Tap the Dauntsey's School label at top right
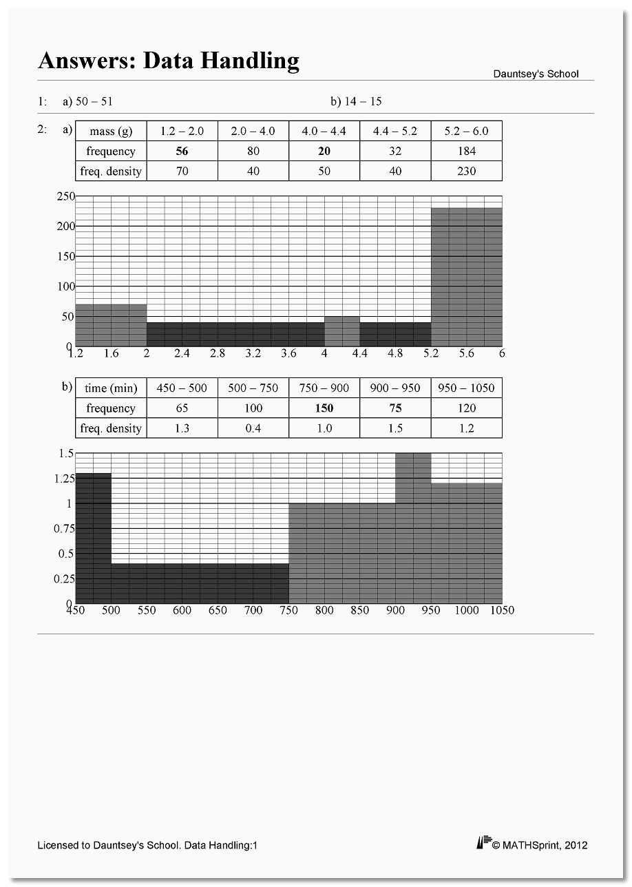[x=536, y=74]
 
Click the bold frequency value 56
[x=182, y=152]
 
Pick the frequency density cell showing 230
[x=466, y=171]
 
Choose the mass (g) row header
[x=111, y=132]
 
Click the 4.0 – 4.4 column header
[x=324, y=132]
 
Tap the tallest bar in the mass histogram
[x=466, y=276]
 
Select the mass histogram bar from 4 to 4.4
[x=341, y=331]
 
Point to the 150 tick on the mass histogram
[x=65, y=256]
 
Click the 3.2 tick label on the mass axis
[x=253, y=353]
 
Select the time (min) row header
[x=111, y=388]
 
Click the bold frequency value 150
[x=324, y=408]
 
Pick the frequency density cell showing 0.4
[x=253, y=428]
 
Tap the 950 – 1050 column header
[x=466, y=388]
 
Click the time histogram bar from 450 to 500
[x=93, y=537]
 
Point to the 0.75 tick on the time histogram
[x=63, y=528]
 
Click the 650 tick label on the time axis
[x=218, y=610]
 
